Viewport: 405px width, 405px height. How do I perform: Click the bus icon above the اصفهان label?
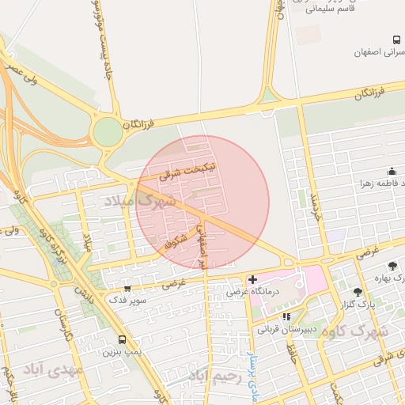coord(396,40)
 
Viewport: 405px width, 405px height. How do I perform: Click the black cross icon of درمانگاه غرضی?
coord(252,279)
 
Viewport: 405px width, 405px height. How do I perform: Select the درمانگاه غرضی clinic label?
coord(250,292)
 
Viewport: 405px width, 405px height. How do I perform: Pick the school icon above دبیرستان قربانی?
coord(286,317)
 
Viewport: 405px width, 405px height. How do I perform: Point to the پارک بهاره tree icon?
coord(392,266)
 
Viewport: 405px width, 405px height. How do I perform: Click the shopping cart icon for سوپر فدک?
coord(127,290)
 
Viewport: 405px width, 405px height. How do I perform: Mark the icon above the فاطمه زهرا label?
coord(392,171)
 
